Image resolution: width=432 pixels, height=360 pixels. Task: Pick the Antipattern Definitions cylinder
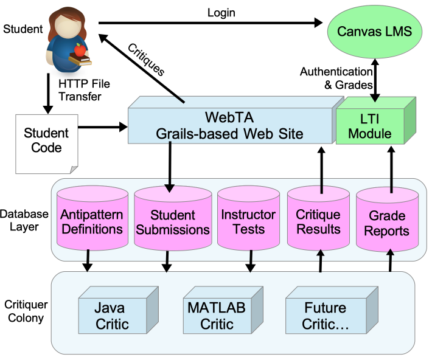pyautogui.click(x=91, y=221)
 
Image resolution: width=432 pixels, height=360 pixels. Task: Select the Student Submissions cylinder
pyautogui.click(x=172, y=221)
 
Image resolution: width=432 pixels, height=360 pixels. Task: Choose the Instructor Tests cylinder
pyautogui.click(x=248, y=221)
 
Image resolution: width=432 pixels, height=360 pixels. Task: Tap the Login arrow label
pyautogui.click(x=221, y=12)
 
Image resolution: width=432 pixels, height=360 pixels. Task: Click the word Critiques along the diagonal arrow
pyautogui.click(x=146, y=59)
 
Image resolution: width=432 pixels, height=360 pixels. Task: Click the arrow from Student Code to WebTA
pyautogui.click(x=102, y=128)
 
